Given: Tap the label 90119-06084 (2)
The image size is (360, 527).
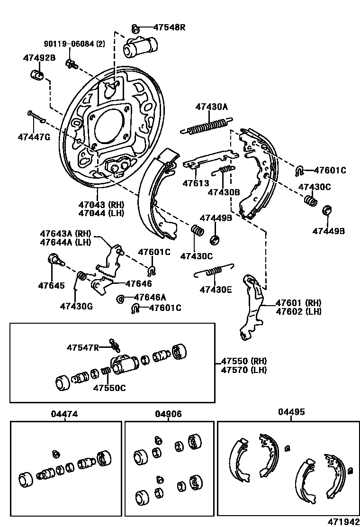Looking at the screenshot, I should pos(74,44).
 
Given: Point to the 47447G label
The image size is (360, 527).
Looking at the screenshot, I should pos(34,136).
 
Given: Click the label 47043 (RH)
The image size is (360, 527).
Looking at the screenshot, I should pos(101,205).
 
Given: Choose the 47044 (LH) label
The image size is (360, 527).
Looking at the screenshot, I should pos(101,213).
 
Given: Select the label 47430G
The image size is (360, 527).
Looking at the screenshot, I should pos(76,306).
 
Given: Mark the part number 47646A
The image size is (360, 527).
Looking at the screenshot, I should pos(150,297).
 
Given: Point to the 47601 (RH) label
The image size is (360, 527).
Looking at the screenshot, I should pos(298,303).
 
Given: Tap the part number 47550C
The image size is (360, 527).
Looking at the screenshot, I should pos(109,388).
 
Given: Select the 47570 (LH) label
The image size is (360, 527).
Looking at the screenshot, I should pos(243,370).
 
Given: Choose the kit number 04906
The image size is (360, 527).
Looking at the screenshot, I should pos(168,414).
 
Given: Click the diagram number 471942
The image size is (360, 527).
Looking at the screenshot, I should pos(342,521).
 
